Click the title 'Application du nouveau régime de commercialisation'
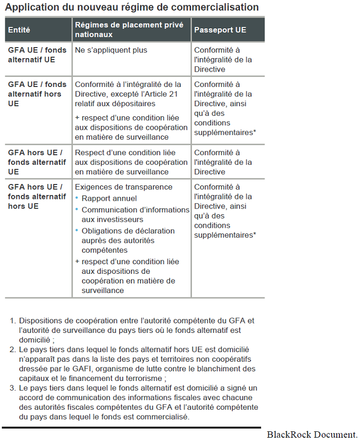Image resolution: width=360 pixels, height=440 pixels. coord(132,7)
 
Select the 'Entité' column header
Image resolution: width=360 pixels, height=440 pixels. coord(19,30)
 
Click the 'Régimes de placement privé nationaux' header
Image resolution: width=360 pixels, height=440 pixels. coord(129,30)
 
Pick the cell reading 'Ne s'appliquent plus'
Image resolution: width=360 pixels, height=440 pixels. coord(111,50)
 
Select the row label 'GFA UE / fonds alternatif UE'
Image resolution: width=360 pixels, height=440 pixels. coord(37,55)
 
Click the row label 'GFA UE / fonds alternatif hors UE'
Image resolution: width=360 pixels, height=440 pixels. coord(37,94)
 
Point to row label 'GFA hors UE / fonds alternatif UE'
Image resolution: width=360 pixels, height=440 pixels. coord(37,162)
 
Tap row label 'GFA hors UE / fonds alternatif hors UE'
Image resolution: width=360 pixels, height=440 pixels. coord(37,196)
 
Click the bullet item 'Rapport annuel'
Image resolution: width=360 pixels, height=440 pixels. coord(109,198)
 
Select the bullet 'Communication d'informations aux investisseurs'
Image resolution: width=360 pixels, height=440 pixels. coord(135,214)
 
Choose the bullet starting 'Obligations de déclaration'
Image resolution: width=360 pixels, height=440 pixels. coord(128,240)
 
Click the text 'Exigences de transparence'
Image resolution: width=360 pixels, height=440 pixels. coord(123,187)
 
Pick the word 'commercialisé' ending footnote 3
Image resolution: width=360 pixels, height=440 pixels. coord(166,416)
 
